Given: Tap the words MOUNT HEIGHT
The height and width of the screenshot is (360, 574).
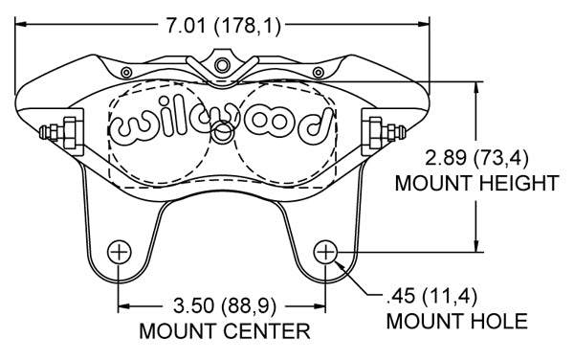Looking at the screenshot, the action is click(477, 183).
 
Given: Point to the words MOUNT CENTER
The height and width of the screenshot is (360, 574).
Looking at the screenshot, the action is click(225, 331).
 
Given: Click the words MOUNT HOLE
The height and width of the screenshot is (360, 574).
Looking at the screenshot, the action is click(457, 321).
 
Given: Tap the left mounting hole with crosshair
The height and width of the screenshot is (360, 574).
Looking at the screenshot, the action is click(120, 252).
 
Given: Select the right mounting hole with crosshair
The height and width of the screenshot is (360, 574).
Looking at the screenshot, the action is click(325, 252).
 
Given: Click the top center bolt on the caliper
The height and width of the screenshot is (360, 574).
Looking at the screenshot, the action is click(222, 65).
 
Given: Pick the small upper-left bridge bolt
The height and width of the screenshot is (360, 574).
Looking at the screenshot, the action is click(126, 73).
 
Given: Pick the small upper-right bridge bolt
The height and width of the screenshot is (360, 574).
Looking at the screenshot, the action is click(319, 73).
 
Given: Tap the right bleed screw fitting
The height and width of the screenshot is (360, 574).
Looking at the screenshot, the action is click(387, 132).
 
